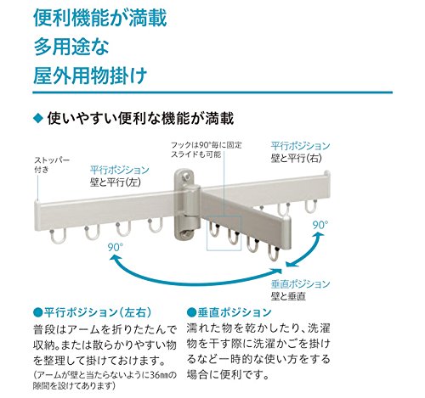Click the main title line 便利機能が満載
pos(100,18)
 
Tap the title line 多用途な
pos(71,47)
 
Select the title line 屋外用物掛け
pos(90,76)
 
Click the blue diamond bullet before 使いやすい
pos(37,118)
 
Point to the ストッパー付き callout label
pos(52,165)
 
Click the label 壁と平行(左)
pos(116,182)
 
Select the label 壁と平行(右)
pos(297,158)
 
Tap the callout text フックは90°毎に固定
pos(207,145)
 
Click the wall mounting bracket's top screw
pos(186,177)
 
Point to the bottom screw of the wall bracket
pos(186,233)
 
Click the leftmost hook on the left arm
pos(58,236)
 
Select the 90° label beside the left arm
pos(116,247)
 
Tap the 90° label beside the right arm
pos(320,225)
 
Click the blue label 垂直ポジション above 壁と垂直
pos(301,284)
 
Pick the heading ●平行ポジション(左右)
pos(93,312)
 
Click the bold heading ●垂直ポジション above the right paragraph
pos(229,312)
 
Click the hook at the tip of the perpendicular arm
pos(274,253)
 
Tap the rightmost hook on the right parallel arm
pos(311,206)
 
